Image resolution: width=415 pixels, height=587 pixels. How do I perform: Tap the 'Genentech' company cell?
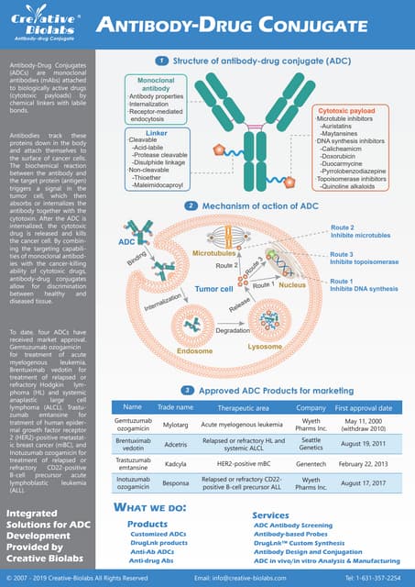[x=311, y=464]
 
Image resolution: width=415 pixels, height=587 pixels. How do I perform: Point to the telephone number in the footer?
[x=372, y=578]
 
